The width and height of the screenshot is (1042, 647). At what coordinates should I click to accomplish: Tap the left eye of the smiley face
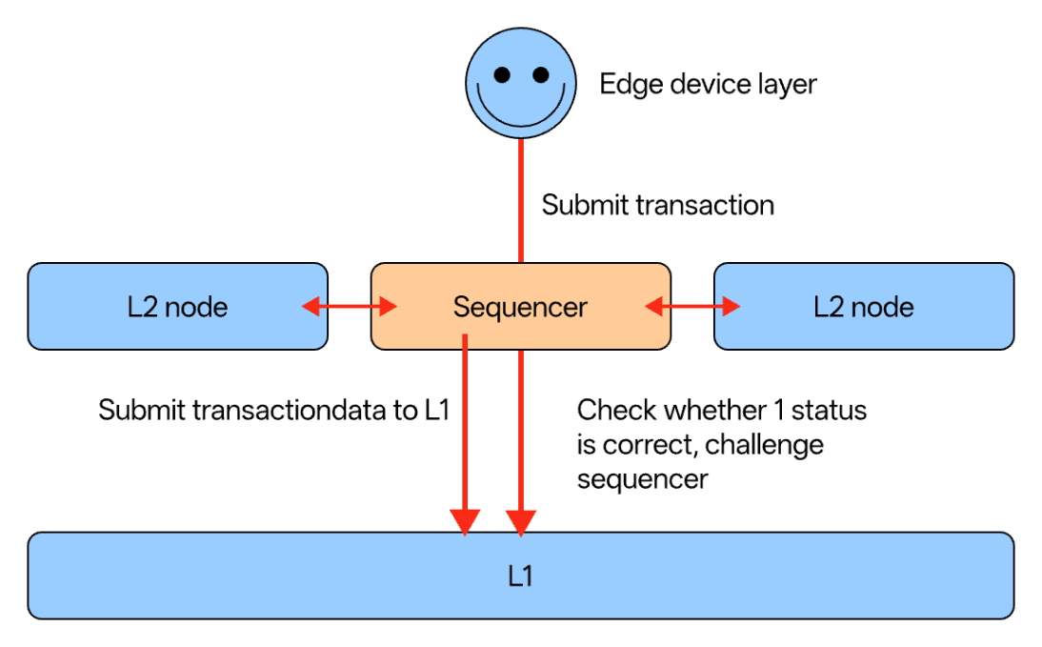point(502,74)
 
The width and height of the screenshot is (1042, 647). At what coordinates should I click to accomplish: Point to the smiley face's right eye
point(540,74)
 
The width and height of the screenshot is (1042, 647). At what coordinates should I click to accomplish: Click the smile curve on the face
point(520,107)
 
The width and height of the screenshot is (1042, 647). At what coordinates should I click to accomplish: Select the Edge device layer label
point(708,84)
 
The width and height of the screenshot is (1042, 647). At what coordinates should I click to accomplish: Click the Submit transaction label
point(657,205)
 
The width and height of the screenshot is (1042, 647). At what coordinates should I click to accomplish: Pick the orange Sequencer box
point(520,307)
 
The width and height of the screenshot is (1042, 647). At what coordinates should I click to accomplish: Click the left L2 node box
point(177,307)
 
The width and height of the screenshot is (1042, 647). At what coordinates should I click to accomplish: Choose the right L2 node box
point(863,307)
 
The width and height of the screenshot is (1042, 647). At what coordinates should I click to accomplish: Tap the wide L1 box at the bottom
point(520,576)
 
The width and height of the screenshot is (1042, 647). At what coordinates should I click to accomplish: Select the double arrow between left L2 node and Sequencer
point(349,307)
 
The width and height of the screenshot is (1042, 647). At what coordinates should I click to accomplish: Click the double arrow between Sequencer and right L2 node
point(691,307)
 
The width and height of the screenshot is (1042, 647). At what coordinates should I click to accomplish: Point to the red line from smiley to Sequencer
point(521,200)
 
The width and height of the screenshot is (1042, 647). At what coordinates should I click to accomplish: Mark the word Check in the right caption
point(616,411)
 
